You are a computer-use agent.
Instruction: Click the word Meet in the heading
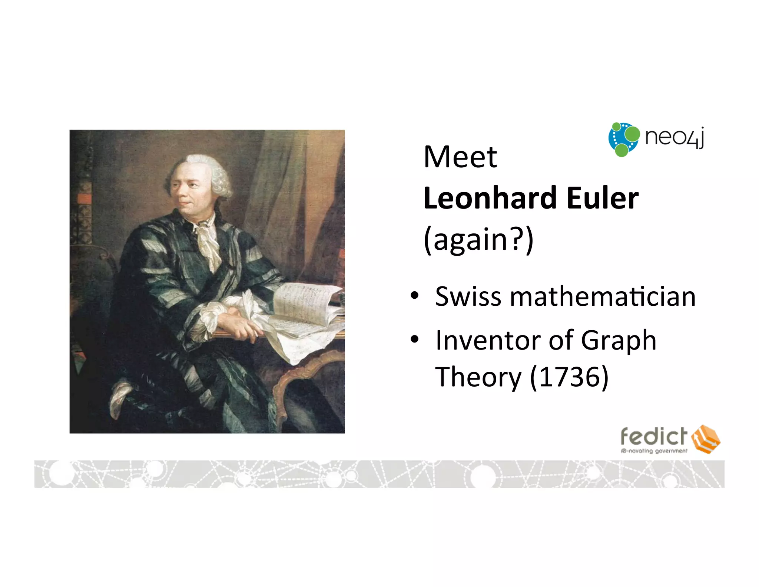pos(460,157)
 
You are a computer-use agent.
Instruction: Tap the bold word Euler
pos(603,198)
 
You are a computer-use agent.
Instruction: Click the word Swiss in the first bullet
pos(468,297)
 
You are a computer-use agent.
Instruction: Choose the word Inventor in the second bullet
pos(487,340)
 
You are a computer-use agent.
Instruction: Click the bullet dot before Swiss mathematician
pos(415,296)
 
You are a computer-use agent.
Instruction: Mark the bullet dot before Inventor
pos(415,339)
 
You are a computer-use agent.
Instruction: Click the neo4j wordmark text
pos(674,137)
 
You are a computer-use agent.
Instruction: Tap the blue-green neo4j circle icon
pos(624,140)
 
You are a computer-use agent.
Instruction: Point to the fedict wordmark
pos(654,436)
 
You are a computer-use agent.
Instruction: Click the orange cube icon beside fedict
pos(706,439)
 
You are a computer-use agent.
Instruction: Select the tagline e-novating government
pos(654,451)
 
